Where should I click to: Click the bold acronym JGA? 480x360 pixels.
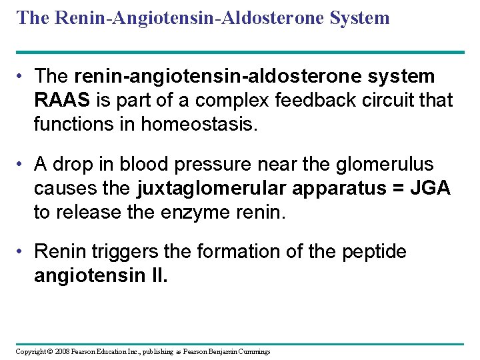click(x=431, y=188)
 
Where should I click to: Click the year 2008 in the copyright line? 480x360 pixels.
click(x=61, y=351)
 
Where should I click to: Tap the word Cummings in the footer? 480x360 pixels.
click(x=253, y=351)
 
